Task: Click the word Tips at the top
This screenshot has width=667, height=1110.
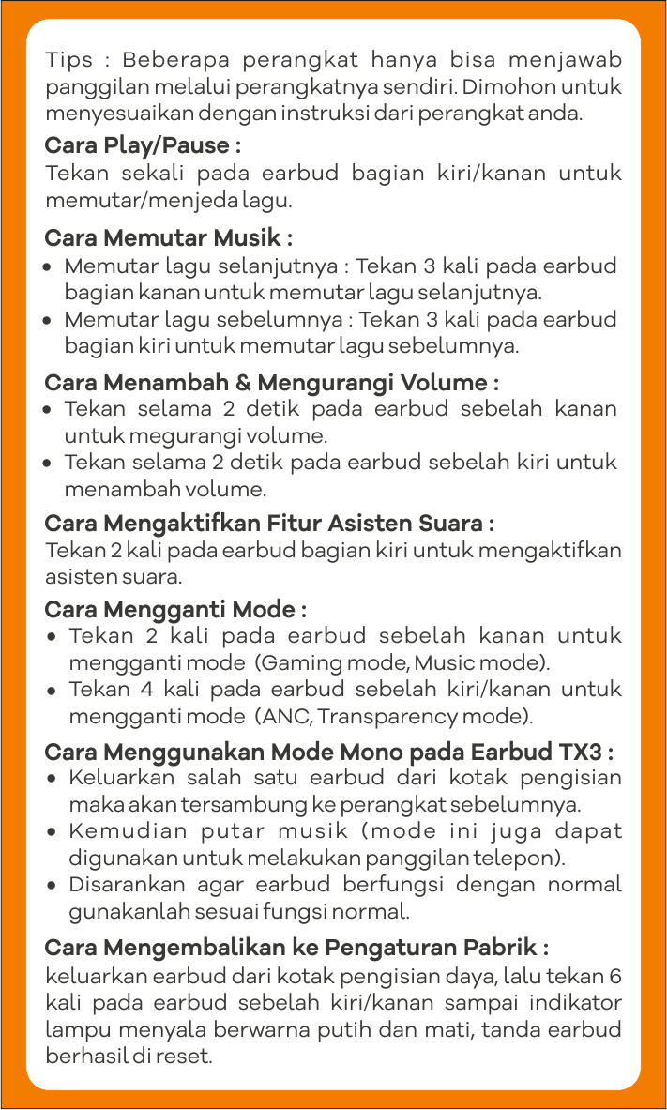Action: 69,61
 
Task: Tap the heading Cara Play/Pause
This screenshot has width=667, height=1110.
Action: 143,146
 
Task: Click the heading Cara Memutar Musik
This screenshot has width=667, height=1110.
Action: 169,237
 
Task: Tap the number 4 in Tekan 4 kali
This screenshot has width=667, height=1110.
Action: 146,690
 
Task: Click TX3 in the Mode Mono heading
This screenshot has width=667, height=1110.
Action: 580,753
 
